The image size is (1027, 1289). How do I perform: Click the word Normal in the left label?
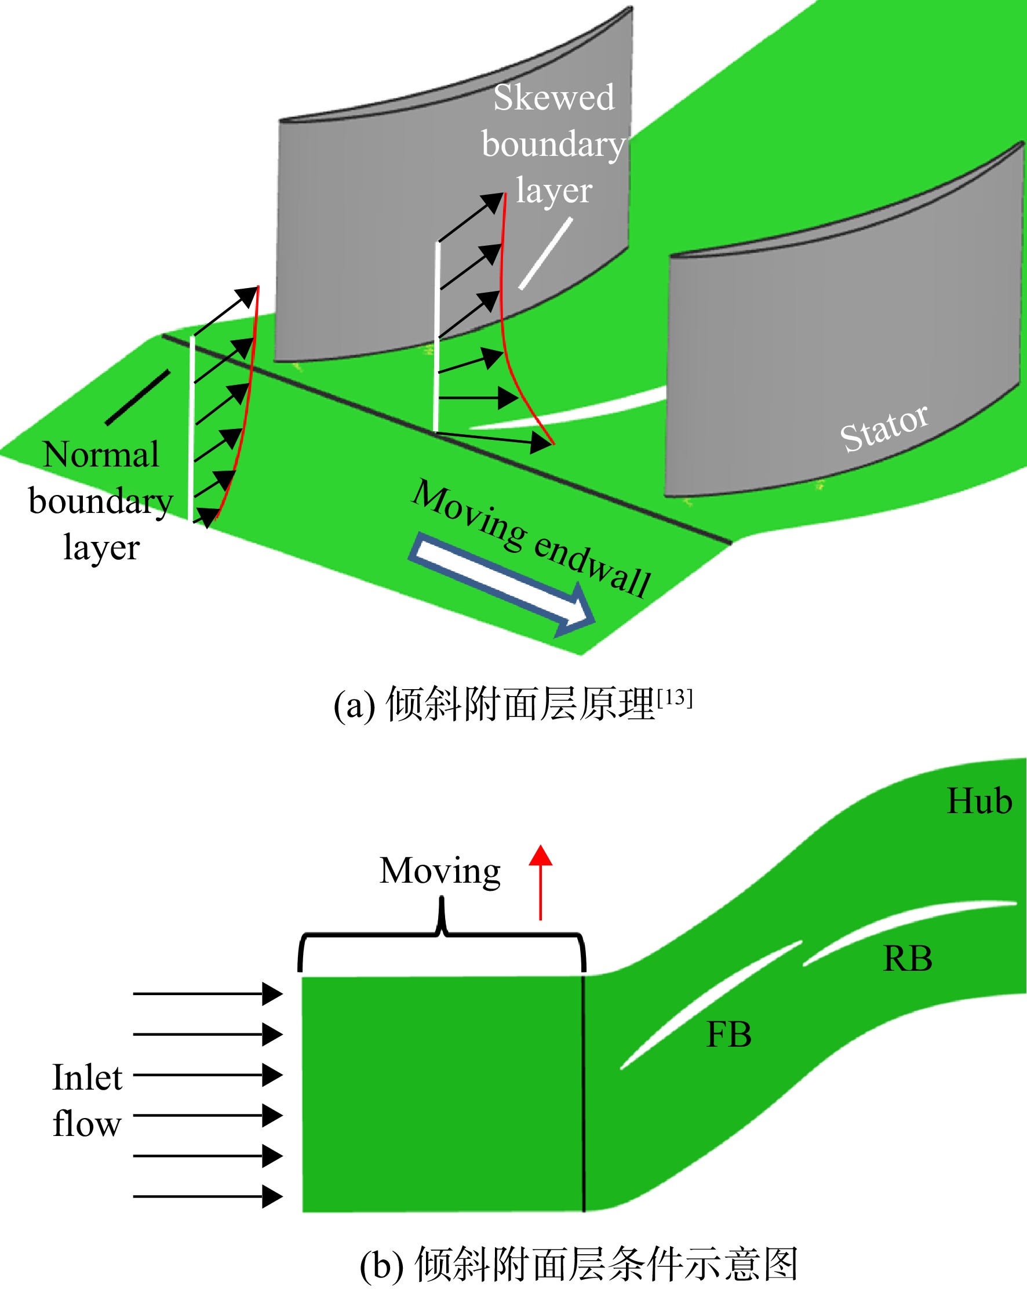coord(101,454)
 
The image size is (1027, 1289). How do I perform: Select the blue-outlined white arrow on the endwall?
coord(501,585)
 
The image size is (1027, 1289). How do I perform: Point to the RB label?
coord(908,959)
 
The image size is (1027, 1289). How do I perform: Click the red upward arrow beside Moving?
coord(540,883)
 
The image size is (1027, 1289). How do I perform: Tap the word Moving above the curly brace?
coord(440,872)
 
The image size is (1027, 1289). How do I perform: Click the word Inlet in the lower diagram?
coord(88,1077)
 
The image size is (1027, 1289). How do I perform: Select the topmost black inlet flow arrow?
coord(207,993)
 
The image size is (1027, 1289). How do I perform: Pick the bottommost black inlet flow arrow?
coord(207,1196)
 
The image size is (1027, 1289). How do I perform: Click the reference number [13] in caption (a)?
coord(674,698)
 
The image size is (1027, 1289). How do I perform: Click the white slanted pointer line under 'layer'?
coord(545,253)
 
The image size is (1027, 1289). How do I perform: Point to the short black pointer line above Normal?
coord(137,398)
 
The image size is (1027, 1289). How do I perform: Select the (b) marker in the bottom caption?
coord(381,1265)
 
